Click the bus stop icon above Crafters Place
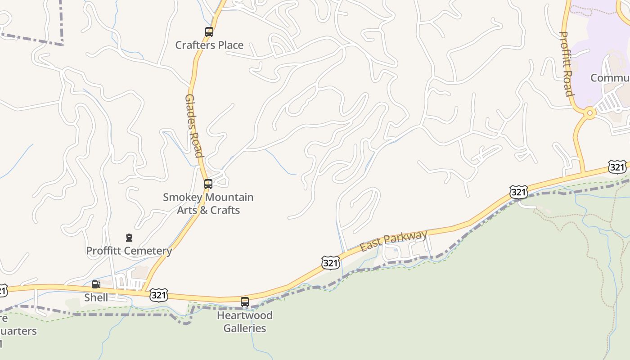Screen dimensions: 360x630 (209, 32)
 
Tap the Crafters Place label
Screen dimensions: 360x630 (209, 45)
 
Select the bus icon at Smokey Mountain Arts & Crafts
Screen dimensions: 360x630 (208, 184)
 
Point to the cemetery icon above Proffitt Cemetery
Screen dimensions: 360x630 (129, 237)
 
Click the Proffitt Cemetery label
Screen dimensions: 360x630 (129, 251)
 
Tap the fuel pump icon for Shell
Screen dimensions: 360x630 (96, 284)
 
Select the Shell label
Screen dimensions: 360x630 (96, 297)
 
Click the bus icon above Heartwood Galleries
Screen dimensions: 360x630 (245, 302)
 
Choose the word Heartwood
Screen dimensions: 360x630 (245, 315)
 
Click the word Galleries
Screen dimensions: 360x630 (245, 328)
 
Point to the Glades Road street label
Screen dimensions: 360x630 (194, 126)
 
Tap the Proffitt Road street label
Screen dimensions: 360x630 (567, 63)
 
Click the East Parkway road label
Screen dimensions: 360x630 (393, 241)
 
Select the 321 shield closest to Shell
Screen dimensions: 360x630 (158, 295)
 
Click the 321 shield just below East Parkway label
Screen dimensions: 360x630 (330, 263)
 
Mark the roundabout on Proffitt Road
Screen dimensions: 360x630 (589, 113)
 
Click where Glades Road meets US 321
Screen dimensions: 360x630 (145, 291)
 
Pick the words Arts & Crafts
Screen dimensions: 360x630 (208, 210)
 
